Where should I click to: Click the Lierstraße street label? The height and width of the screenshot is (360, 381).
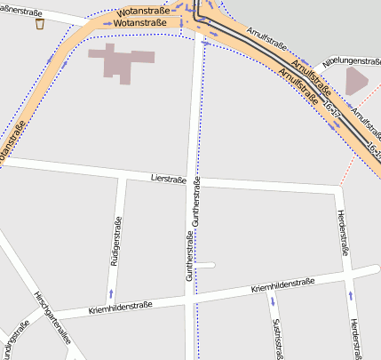coord(168,180)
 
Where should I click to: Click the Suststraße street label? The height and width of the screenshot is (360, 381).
coord(278,339)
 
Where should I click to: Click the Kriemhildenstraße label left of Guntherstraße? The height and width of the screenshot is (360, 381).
coord(121,308)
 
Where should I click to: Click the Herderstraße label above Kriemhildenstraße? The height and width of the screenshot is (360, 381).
coord(342,233)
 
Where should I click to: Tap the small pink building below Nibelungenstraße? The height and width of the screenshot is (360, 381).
coord(356,81)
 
